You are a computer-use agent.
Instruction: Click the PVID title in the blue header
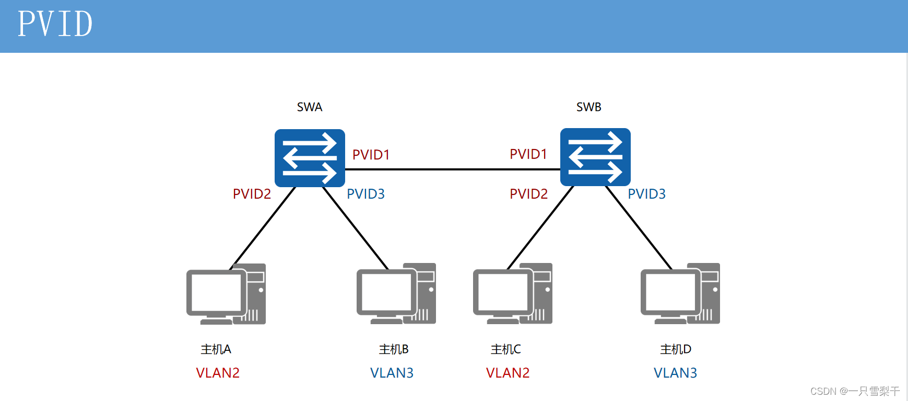click(55, 24)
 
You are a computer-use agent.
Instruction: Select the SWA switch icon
click(310, 158)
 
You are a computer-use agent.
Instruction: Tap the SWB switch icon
click(595, 157)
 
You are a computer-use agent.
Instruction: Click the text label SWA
click(310, 107)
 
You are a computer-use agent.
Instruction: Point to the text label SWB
click(588, 107)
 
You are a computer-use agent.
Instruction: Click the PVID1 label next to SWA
click(371, 155)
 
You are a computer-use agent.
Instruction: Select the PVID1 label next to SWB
click(528, 154)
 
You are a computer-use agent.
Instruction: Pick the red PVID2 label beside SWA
click(252, 194)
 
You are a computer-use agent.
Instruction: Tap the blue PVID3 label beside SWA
click(365, 194)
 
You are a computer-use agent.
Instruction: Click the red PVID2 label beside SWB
click(528, 194)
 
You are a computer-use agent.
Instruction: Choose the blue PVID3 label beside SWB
click(646, 194)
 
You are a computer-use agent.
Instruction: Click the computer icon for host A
click(226, 294)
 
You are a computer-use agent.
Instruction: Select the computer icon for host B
click(396, 294)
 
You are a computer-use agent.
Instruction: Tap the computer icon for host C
click(512, 294)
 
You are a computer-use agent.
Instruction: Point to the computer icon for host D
click(680, 294)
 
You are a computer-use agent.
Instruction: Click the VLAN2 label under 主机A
click(218, 373)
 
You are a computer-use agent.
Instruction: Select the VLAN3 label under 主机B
click(392, 373)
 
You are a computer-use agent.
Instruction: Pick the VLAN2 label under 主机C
click(508, 373)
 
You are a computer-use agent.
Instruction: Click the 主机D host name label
click(676, 349)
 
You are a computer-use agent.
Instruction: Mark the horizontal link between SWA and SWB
click(452, 169)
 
